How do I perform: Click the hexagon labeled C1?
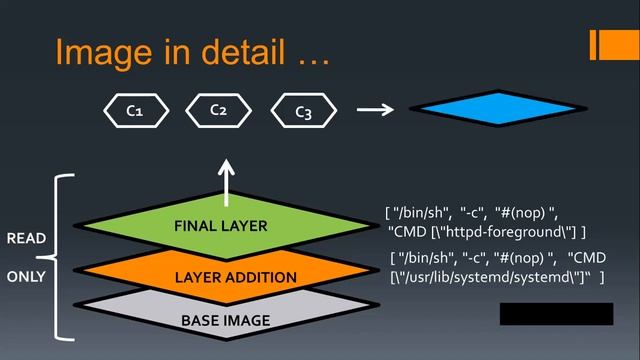(x=134, y=111)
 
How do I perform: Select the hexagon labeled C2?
(x=218, y=109)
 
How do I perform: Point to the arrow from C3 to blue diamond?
(x=375, y=109)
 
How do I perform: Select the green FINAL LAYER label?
(x=221, y=226)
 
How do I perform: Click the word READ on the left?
(x=26, y=239)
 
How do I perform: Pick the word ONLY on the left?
(x=26, y=276)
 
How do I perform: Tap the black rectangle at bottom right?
(x=556, y=314)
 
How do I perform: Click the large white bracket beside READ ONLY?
(x=58, y=257)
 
